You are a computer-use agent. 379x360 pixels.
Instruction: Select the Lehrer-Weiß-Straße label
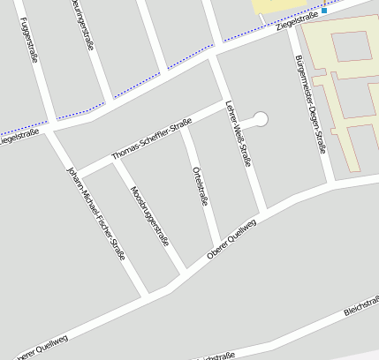[238, 128]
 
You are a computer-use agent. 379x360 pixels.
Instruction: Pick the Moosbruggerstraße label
[148, 216]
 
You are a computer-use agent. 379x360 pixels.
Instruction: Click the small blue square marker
[324, 11]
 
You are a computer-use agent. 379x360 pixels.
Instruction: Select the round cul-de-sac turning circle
[260, 119]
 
